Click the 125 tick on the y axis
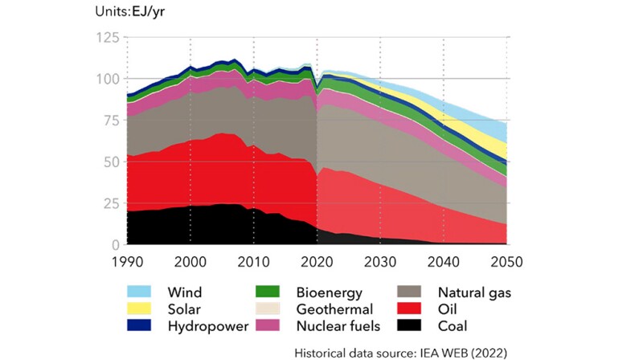pyautogui.click(x=107, y=38)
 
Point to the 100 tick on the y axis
pyautogui.click(x=107, y=80)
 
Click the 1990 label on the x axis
pyautogui.click(x=127, y=262)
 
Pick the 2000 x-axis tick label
pyautogui.click(x=190, y=262)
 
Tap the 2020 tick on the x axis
pyautogui.click(x=317, y=262)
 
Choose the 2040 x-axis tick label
pyautogui.click(x=444, y=262)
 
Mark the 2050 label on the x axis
pyautogui.click(x=506, y=262)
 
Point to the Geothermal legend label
pyautogui.click(x=334, y=309)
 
